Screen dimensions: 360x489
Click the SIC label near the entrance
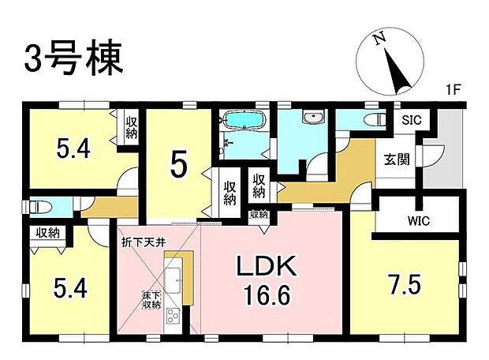point(411,121)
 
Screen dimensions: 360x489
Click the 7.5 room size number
point(404,282)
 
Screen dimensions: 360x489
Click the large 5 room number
point(179,167)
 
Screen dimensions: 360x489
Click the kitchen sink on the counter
point(174,278)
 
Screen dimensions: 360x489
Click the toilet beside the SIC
point(368,120)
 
